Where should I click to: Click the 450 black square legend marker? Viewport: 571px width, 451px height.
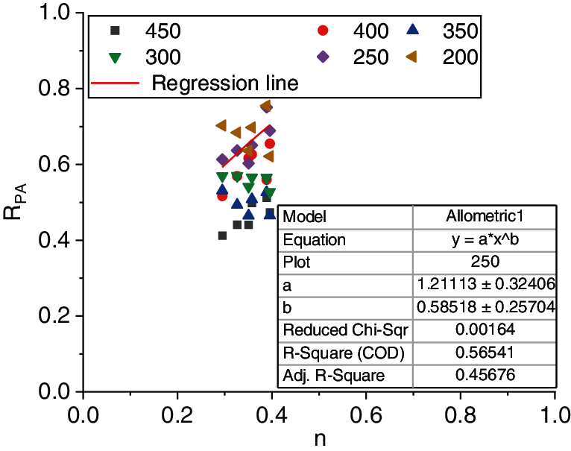tap(114, 31)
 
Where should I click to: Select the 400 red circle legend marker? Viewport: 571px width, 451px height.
tap(323, 31)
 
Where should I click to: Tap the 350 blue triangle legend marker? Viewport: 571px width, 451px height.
tap(414, 31)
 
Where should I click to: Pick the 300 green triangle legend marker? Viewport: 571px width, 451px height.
tap(114, 57)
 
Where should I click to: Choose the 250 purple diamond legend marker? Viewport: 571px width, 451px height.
tap(323, 57)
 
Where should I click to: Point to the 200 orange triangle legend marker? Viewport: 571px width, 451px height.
tap(414, 57)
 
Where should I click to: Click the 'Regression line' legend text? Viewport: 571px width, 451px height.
tap(224, 83)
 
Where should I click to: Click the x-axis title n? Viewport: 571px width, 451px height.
tap(318, 440)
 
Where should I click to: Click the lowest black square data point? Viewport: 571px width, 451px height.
tap(222, 236)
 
